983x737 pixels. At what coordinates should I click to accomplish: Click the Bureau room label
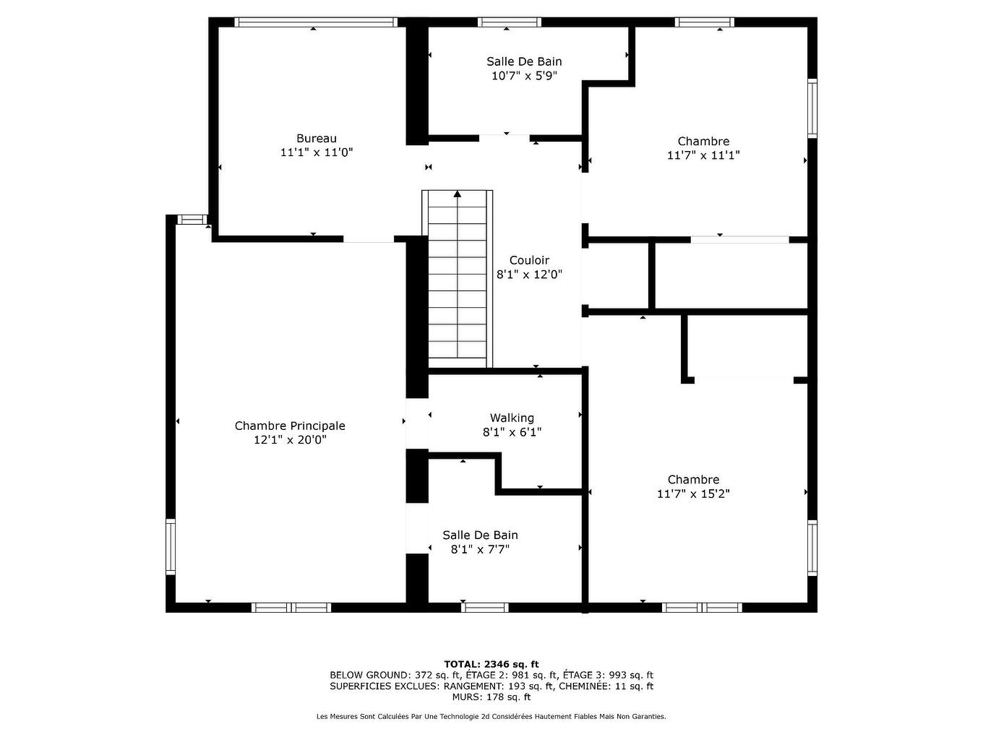coord(316,139)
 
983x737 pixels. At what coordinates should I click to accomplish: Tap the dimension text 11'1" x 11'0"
coord(316,152)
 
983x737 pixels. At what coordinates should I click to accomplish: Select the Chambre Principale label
coord(290,426)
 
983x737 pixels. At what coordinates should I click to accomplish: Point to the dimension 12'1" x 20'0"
coord(290,440)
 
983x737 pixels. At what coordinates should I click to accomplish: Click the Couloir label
coord(529,260)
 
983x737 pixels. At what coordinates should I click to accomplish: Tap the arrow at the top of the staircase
coord(457,194)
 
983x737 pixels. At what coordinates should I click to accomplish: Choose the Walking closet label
coord(512,418)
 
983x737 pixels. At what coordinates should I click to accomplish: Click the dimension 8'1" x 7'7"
coord(480,549)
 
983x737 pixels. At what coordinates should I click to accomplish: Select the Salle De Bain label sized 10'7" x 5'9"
coord(524,61)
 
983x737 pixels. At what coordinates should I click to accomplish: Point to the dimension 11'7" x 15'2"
coord(693,494)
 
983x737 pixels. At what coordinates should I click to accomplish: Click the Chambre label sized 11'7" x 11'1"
coord(703,142)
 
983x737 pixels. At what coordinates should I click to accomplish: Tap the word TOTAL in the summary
coord(462,664)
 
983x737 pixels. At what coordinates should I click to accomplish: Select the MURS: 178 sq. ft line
coord(491,697)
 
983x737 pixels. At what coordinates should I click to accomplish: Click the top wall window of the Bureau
coord(316,22)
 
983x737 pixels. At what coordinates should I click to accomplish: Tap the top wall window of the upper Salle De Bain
coord(509,22)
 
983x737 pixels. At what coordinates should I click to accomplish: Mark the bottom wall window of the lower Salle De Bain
coord(484,607)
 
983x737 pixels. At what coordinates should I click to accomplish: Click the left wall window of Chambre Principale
coord(171,546)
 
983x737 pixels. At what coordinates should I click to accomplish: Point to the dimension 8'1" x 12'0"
coord(529,275)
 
